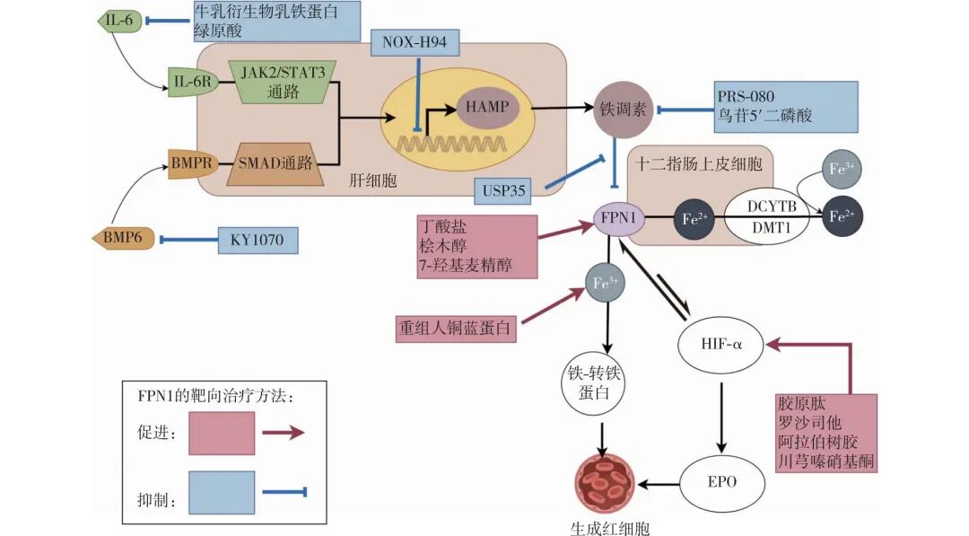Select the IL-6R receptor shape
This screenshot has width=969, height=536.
191,83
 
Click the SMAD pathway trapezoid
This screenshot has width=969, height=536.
275,164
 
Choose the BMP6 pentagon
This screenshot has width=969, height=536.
123,239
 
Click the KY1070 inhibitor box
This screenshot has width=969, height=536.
257,240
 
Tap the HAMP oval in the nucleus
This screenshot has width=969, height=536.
487,107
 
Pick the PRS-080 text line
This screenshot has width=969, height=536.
746,96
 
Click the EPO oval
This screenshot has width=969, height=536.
720,481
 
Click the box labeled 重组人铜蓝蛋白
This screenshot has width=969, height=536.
456,328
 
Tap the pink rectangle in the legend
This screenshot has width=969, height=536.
221,433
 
